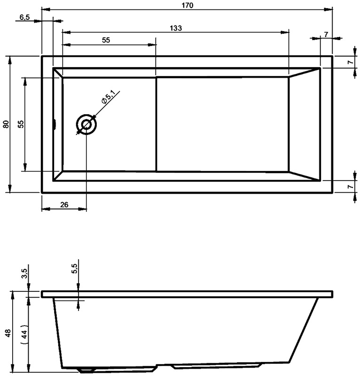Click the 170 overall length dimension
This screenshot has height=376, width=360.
coord(188,5)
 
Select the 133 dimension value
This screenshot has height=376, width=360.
coord(176,28)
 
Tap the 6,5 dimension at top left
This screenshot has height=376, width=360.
coord(24,17)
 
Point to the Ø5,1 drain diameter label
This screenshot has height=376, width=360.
coord(109,96)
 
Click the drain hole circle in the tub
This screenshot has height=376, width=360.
coord(86,125)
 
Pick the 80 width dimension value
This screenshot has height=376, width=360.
coord(6,124)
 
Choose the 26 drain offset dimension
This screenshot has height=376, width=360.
coord(64,204)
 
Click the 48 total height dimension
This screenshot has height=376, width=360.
coord(8,333)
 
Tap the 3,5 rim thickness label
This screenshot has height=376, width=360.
coord(25,274)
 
